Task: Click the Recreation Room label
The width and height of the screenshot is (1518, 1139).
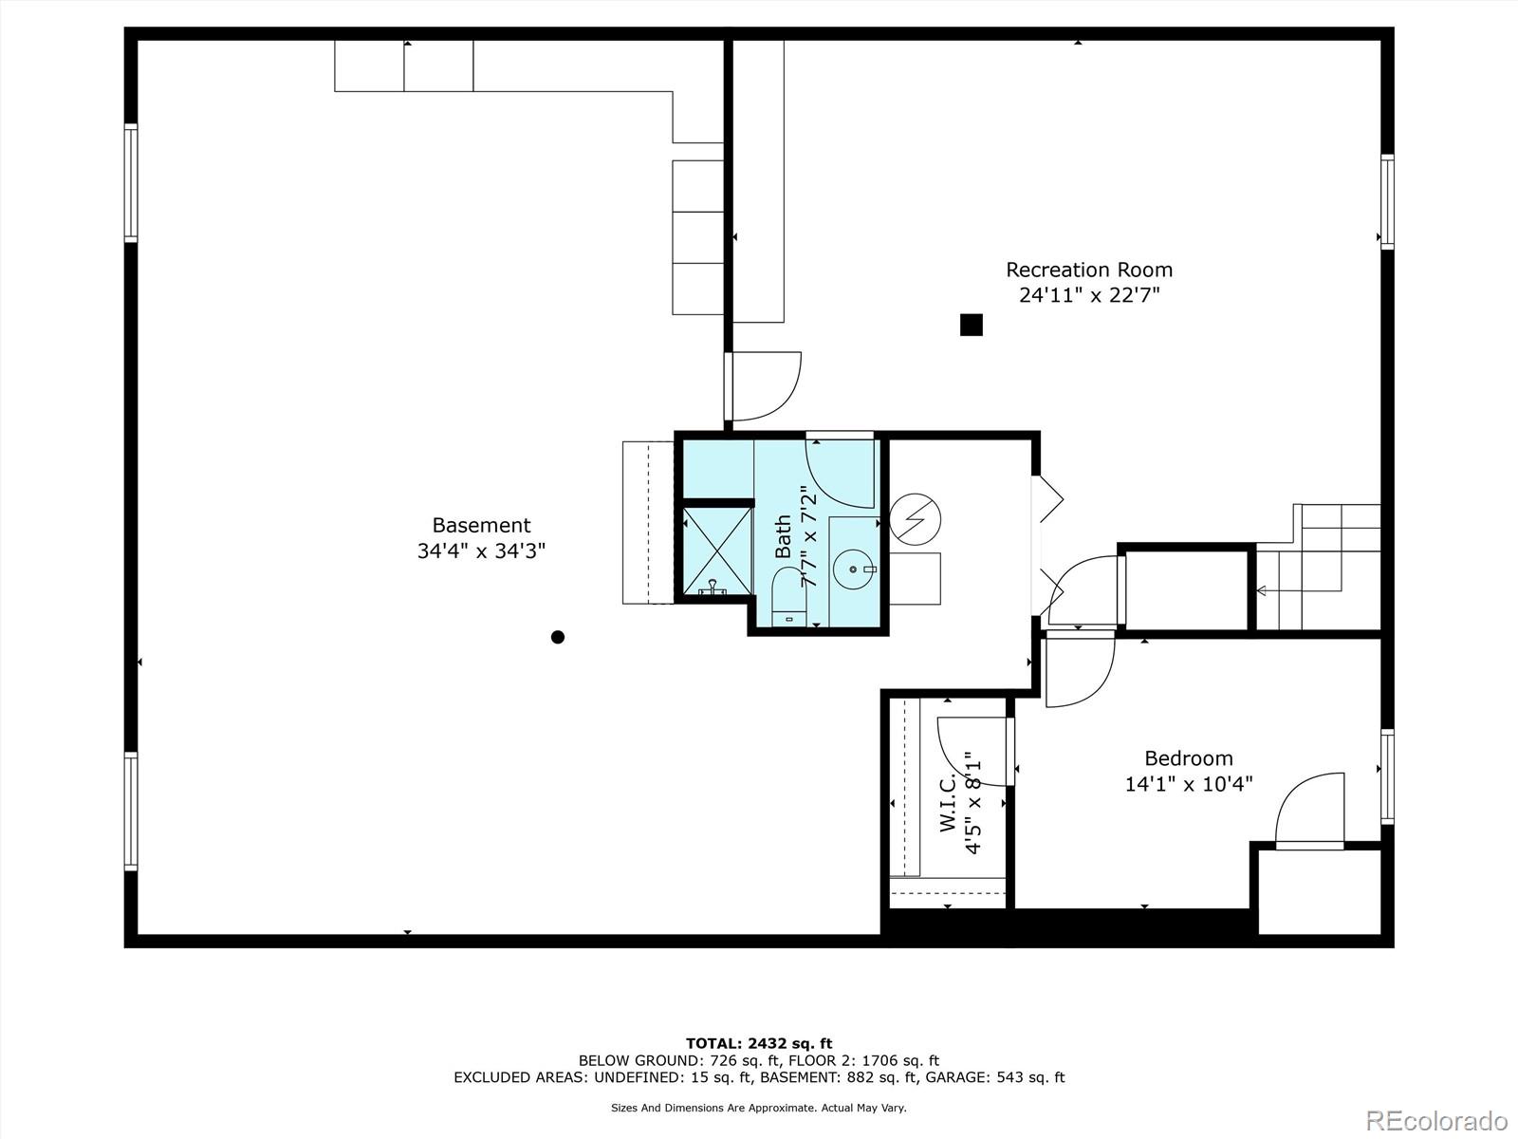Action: coord(1089,270)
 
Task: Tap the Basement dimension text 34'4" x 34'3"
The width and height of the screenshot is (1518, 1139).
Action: coord(481,551)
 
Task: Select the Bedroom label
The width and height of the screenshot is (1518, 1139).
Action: coord(1188,757)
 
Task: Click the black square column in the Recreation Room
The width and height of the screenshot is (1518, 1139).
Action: coord(971,325)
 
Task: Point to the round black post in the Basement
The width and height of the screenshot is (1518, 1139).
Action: coord(558,637)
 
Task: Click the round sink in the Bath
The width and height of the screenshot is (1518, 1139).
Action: coord(853,569)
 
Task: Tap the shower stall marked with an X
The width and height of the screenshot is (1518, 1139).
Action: coord(716,551)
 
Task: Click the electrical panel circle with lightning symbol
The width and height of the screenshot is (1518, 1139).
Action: coord(916,518)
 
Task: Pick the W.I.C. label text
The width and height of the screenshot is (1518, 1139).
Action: coord(948,805)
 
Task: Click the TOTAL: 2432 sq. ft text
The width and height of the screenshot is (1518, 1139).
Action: coord(759,1043)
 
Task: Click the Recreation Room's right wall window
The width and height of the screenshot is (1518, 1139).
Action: coord(1387,201)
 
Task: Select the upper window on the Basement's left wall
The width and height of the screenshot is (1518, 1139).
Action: coord(131,182)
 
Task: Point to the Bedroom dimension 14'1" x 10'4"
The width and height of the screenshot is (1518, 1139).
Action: coord(1188,784)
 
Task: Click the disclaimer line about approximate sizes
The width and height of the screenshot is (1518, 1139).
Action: coord(759,1108)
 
